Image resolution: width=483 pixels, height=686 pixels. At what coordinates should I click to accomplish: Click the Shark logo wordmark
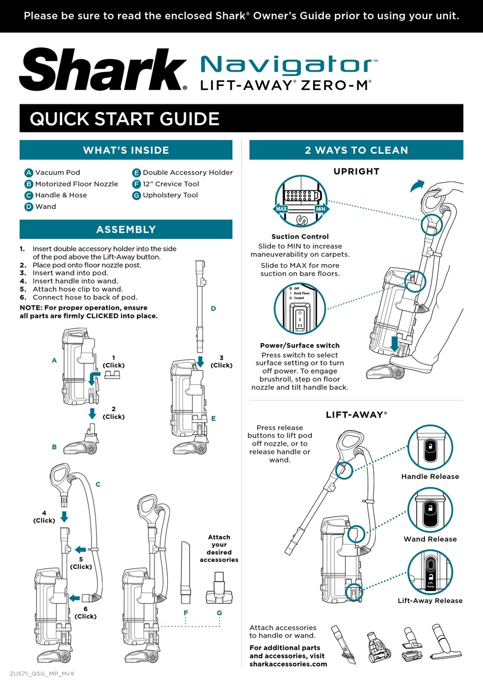click(103, 70)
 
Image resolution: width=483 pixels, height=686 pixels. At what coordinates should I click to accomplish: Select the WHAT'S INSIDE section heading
click(126, 150)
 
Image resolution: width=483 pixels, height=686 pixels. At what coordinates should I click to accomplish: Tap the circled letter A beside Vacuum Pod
click(29, 173)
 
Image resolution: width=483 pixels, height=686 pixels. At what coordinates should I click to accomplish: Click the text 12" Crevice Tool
click(170, 184)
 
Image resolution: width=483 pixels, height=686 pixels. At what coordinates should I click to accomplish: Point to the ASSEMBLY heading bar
click(126, 230)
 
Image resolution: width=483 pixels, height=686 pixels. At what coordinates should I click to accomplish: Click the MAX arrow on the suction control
click(281, 209)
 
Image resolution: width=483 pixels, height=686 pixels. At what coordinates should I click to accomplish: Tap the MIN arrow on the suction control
click(321, 209)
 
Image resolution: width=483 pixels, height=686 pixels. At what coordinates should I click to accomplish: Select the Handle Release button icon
click(430, 447)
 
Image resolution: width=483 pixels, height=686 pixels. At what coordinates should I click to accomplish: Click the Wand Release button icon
click(430, 510)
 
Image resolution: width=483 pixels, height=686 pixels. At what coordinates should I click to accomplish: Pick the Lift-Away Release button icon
click(430, 573)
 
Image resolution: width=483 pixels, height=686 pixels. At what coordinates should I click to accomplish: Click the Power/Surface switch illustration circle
click(299, 309)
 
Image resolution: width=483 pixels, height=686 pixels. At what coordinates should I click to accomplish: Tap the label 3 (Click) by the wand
click(221, 361)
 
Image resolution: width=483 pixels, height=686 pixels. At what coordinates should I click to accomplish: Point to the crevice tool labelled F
click(186, 573)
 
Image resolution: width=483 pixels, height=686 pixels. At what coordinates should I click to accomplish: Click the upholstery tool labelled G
click(219, 588)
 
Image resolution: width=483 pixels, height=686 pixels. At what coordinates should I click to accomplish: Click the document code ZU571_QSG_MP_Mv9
click(42, 673)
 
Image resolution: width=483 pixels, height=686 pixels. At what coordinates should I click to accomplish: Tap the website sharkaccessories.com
click(288, 664)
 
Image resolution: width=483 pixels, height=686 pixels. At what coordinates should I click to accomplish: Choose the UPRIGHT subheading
click(356, 171)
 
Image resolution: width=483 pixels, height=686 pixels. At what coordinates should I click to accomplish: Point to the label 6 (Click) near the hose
click(85, 612)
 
